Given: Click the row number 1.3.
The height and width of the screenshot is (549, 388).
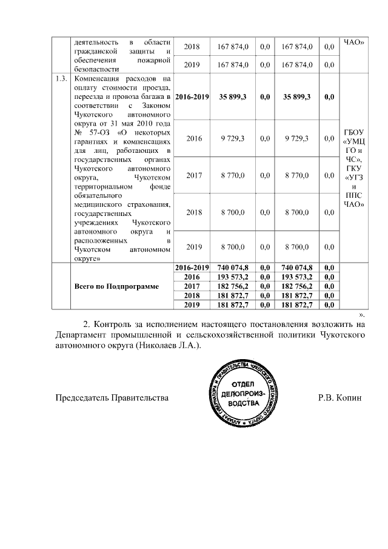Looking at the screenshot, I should (x=59, y=79).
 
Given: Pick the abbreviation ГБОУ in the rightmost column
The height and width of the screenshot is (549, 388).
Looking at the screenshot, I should (x=353, y=132).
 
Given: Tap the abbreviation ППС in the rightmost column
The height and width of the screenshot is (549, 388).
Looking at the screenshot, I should (x=353, y=195).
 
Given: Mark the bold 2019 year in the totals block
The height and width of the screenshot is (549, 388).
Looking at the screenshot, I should (x=192, y=304).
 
